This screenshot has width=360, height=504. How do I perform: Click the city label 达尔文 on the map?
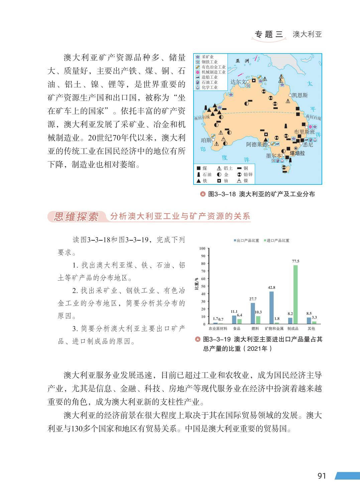[x=238, y=82]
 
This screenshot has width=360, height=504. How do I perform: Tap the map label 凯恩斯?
[x=300, y=95]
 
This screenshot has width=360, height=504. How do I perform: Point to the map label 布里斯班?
[x=304, y=132]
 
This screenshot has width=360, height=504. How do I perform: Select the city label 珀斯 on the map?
[x=206, y=140]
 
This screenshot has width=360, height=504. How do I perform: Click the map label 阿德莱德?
[x=257, y=144]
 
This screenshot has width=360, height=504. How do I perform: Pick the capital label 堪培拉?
[x=297, y=153]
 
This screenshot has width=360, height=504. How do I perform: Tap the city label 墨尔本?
[x=273, y=156]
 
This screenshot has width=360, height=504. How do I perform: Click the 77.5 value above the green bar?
[x=295, y=261]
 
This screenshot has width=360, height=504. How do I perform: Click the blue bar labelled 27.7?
[x=253, y=313]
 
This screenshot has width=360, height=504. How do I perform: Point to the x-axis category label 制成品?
[x=293, y=329]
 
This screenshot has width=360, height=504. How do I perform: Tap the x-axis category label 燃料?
[x=255, y=329]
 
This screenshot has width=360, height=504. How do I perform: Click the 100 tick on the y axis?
[x=202, y=248]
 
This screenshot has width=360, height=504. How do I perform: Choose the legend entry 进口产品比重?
[x=278, y=241]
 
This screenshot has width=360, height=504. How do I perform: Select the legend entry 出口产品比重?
[x=248, y=241]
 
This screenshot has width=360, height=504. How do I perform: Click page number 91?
[x=322, y=476]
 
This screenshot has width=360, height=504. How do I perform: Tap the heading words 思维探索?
[x=76, y=217]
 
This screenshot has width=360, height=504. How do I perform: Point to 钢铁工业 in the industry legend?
[x=210, y=62]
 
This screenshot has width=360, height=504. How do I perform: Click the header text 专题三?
[x=269, y=34]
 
